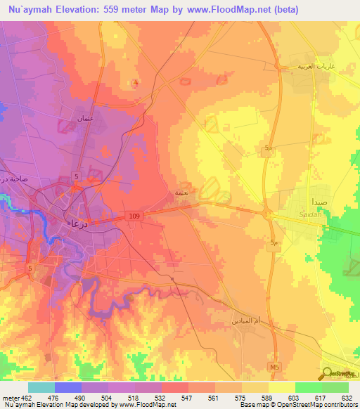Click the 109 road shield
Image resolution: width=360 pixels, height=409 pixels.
(134, 217)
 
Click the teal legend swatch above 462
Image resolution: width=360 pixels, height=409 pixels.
(41, 387)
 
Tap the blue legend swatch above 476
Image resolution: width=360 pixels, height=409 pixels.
(68, 387)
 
